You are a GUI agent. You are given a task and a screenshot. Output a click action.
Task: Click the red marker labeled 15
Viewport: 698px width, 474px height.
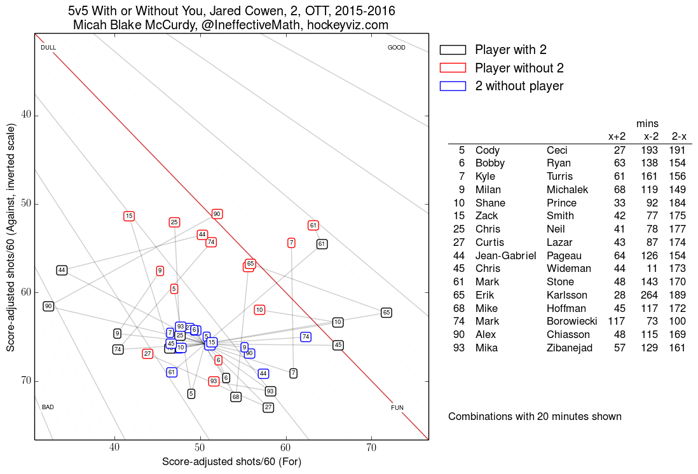[129, 216]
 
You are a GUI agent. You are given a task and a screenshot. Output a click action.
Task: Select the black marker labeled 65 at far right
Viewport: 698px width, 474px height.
[386, 313]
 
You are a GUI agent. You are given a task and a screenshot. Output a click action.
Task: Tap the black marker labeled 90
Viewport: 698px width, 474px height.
[48, 306]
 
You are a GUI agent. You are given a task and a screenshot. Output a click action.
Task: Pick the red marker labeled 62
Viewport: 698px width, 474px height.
[313, 226]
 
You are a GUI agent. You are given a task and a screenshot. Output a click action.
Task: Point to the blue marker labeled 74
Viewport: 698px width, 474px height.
[306, 337]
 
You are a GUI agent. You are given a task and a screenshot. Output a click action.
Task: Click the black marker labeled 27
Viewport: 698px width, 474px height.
[268, 407]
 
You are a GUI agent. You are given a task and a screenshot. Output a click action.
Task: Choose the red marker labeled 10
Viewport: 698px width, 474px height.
[259, 310]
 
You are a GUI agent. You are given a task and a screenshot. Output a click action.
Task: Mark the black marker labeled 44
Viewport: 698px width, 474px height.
[62, 270]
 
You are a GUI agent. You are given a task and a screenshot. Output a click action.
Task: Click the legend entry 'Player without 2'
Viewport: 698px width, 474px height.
[519, 68]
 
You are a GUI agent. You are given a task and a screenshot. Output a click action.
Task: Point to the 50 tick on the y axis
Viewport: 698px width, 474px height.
[30, 204]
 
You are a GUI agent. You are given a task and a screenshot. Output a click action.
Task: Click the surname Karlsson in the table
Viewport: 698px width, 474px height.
[567, 295]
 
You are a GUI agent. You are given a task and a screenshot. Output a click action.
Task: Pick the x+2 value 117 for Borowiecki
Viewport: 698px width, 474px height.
[617, 322]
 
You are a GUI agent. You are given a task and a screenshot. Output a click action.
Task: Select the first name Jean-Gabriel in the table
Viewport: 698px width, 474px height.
[505, 255]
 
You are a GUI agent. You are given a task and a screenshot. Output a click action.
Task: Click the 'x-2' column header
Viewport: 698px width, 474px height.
[650, 137]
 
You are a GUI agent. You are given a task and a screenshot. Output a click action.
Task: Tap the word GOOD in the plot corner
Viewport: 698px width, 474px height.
[397, 48]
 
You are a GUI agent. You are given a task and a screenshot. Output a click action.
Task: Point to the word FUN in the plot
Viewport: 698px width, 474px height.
[397, 407]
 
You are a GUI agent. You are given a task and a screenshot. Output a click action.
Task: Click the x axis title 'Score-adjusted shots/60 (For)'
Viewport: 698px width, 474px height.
[231, 461]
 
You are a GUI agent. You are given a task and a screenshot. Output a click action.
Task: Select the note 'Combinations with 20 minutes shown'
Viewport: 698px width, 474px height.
[535, 417]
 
